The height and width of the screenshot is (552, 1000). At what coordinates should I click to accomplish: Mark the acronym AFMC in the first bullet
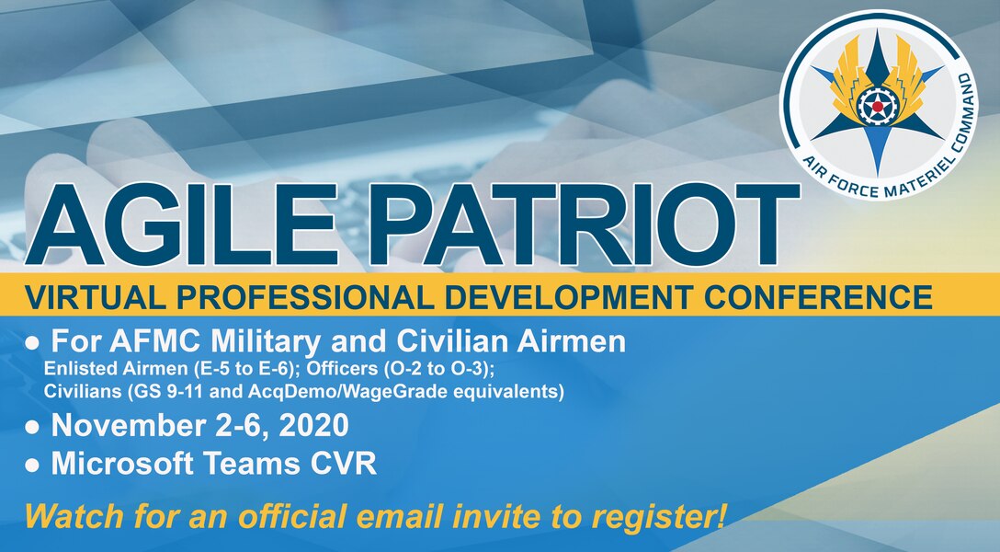click(137, 343)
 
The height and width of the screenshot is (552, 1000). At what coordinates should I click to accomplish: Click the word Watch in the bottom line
click(66, 516)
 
